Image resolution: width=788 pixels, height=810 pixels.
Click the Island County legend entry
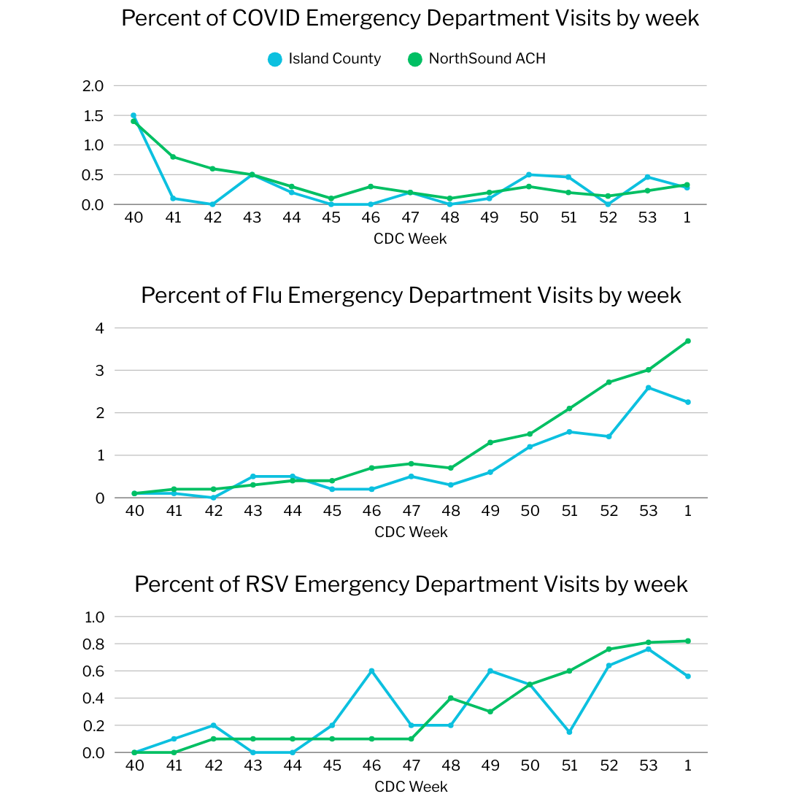(325, 59)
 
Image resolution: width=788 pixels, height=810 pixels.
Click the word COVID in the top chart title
(266, 18)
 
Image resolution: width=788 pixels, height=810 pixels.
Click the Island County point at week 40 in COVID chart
(134, 115)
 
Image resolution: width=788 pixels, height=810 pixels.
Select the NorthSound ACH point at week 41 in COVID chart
(174, 157)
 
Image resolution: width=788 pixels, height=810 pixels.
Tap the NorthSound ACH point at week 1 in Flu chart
(687, 341)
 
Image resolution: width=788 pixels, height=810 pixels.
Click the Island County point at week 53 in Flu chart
(648, 387)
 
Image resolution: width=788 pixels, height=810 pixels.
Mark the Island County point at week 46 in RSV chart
(371, 671)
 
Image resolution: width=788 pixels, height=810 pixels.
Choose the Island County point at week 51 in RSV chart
(569, 732)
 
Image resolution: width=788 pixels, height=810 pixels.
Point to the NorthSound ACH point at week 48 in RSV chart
(451, 698)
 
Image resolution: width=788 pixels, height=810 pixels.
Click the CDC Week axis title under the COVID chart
(410, 239)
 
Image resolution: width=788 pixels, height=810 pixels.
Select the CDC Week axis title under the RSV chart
(410, 787)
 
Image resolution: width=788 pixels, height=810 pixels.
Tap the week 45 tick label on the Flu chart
(332, 512)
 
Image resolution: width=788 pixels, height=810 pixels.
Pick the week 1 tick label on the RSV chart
(687, 766)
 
